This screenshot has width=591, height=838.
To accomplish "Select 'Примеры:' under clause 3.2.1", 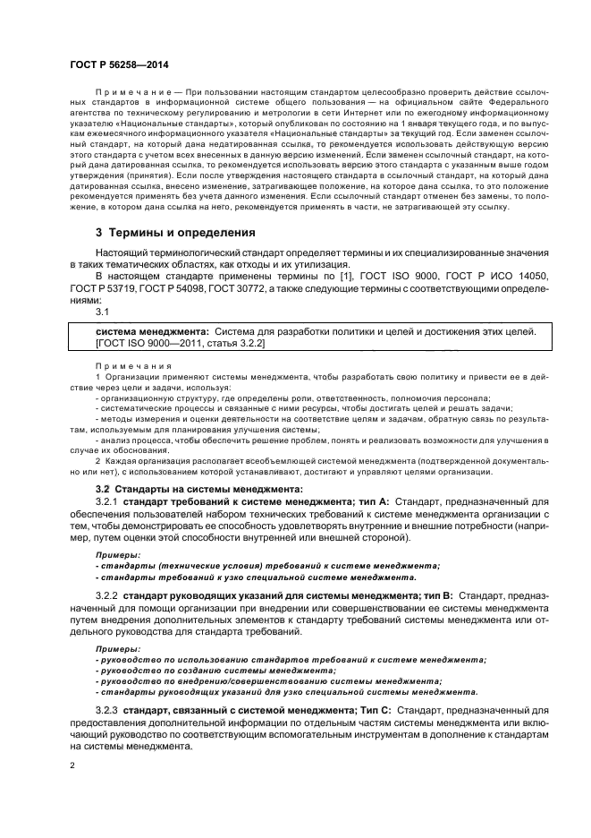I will pyautogui.click(x=114, y=554).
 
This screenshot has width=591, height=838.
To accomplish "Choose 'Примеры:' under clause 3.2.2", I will pyautogui.click(x=114, y=648).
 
